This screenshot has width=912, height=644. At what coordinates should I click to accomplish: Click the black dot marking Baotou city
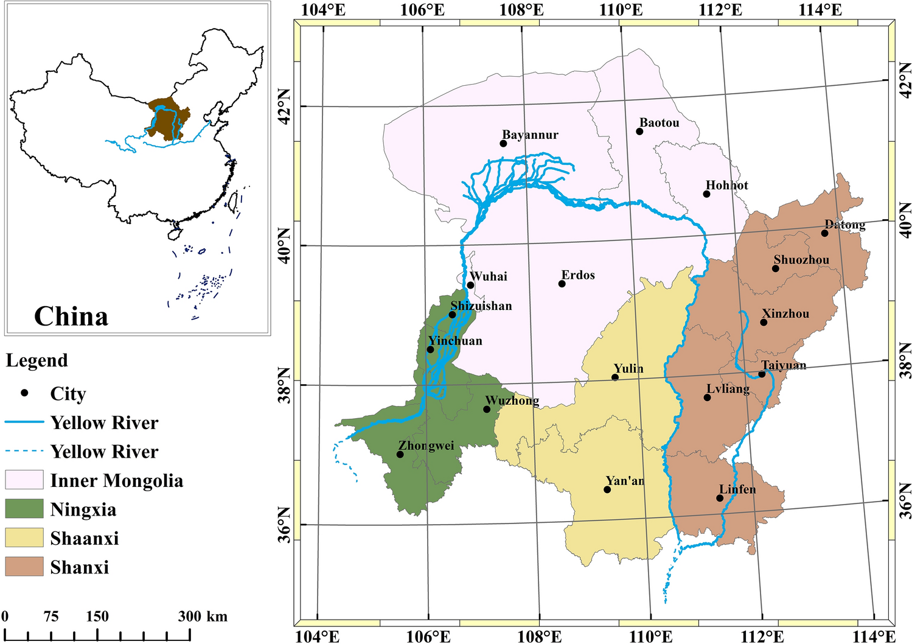pyautogui.click(x=639, y=131)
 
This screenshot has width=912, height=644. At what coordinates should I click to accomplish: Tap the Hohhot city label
pyautogui.click(x=726, y=185)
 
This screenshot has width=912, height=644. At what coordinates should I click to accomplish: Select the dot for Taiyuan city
pyautogui.click(x=762, y=374)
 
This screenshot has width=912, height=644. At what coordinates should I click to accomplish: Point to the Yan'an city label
pyautogui.click(x=625, y=481)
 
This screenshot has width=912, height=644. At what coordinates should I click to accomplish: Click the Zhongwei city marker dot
pyautogui.click(x=400, y=455)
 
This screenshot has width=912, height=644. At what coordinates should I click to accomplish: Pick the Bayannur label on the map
pyautogui.click(x=530, y=135)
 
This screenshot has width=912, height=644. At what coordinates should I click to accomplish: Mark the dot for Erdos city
pyautogui.click(x=562, y=284)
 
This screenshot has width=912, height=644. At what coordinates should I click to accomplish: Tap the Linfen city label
pyautogui.click(x=737, y=489)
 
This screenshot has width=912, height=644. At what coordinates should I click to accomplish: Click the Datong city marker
pyautogui.click(x=824, y=233)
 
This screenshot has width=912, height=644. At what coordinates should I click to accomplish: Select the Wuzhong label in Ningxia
pyautogui.click(x=512, y=401)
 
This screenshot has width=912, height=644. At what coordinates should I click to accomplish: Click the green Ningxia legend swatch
pyautogui.click(x=24, y=509)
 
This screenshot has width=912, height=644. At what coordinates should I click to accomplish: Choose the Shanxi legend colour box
pyautogui.click(x=24, y=567)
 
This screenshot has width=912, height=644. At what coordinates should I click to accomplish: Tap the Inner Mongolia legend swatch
pyautogui.click(x=24, y=480)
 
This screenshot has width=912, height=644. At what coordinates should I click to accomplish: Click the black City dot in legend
pyautogui.click(x=24, y=393)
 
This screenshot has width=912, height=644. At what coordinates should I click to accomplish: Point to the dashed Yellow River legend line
pyautogui.click(x=24, y=451)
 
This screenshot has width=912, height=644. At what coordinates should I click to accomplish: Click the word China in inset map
pyautogui.click(x=71, y=317)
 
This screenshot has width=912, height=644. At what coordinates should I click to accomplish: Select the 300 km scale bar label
pyautogui.click(x=203, y=616)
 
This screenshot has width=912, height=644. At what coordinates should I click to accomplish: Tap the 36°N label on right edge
pyautogui.click(x=905, y=501)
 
